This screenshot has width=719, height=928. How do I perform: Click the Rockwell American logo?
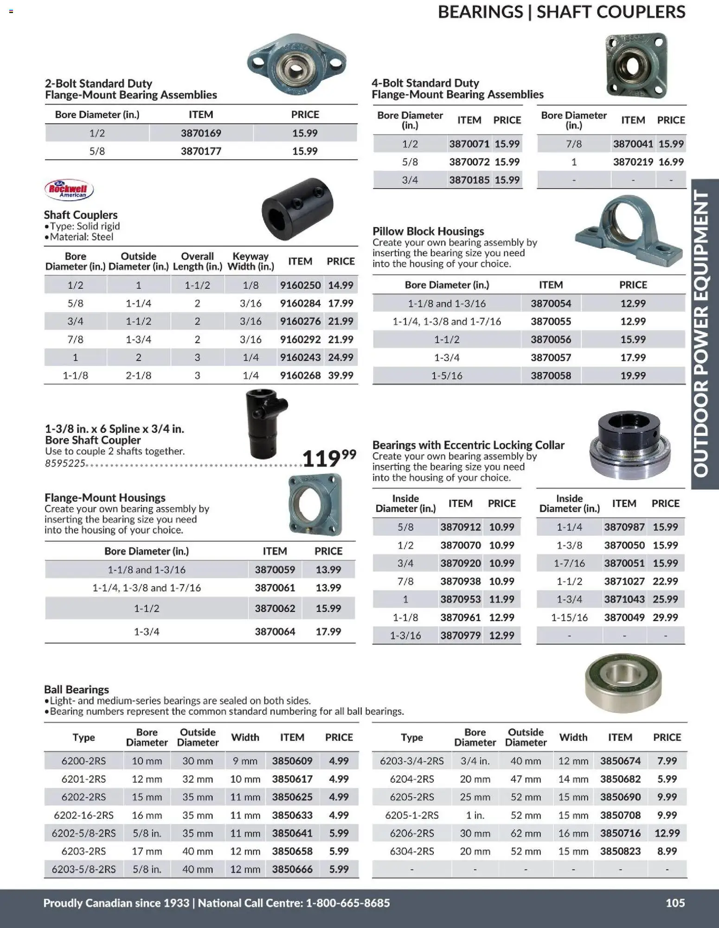[x=69, y=189]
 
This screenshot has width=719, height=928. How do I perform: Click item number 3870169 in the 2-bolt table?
[x=201, y=133]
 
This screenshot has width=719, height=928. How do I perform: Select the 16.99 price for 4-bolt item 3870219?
[x=671, y=162]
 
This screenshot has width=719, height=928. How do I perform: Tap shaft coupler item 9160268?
[x=300, y=376]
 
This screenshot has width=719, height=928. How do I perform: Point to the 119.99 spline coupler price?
[x=329, y=458]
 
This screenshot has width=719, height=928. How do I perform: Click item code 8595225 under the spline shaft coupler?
[x=65, y=463]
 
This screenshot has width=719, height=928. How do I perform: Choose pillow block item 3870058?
[x=551, y=376]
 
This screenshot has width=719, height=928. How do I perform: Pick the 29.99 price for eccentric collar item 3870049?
[x=665, y=617]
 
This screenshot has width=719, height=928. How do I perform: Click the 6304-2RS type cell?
[x=411, y=851]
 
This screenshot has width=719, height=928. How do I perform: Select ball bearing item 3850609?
[x=292, y=761]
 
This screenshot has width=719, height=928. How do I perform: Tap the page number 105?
[x=675, y=902]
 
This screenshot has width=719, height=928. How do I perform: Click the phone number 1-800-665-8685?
[x=348, y=903]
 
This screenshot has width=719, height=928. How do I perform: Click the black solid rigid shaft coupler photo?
[x=297, y=208]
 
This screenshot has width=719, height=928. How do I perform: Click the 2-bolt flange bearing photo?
[x=297, y=65]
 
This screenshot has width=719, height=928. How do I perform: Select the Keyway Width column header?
[x=250, y=261]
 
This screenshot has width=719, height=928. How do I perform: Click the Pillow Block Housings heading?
[x=428, y=231]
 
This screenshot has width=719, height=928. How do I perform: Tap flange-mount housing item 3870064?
[x=275, y=631]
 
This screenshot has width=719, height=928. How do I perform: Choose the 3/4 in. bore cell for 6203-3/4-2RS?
[x=475, y=761]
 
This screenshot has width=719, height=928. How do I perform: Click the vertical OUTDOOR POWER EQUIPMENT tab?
[x=704, y=334]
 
